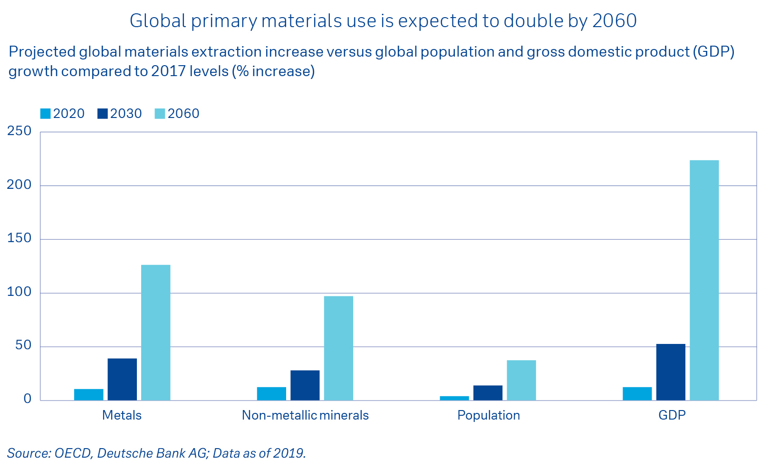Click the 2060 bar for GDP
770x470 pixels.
(x=704, y=280)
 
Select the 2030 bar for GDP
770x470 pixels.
(x=671, y=372)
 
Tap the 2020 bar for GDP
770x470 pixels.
(x=637, y=393)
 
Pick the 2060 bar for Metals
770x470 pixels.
(x=155, y=333)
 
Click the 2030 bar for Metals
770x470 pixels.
(x=122, y=379)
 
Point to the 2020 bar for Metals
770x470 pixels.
(x=88, y=394)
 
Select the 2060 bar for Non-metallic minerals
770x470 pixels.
(x=338, y=348)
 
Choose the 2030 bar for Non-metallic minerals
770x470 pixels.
(x=305, y=385)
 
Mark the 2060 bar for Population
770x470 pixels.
(x=521, y=380)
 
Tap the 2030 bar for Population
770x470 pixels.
(x=488, y=393)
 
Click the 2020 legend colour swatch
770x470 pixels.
(x=46, y=114)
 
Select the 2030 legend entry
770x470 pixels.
(x=120, y=114)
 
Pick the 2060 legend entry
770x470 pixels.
(x=177, y=114)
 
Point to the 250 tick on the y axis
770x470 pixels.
(x=19, y=131)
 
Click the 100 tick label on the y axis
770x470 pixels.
(x=19, y=292)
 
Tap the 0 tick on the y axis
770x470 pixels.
(x=27, y=399)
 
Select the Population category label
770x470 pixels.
(x=489, y=415)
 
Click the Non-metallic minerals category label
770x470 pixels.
(x=305, y=415)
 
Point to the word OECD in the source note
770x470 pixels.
(x=72, y=453)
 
